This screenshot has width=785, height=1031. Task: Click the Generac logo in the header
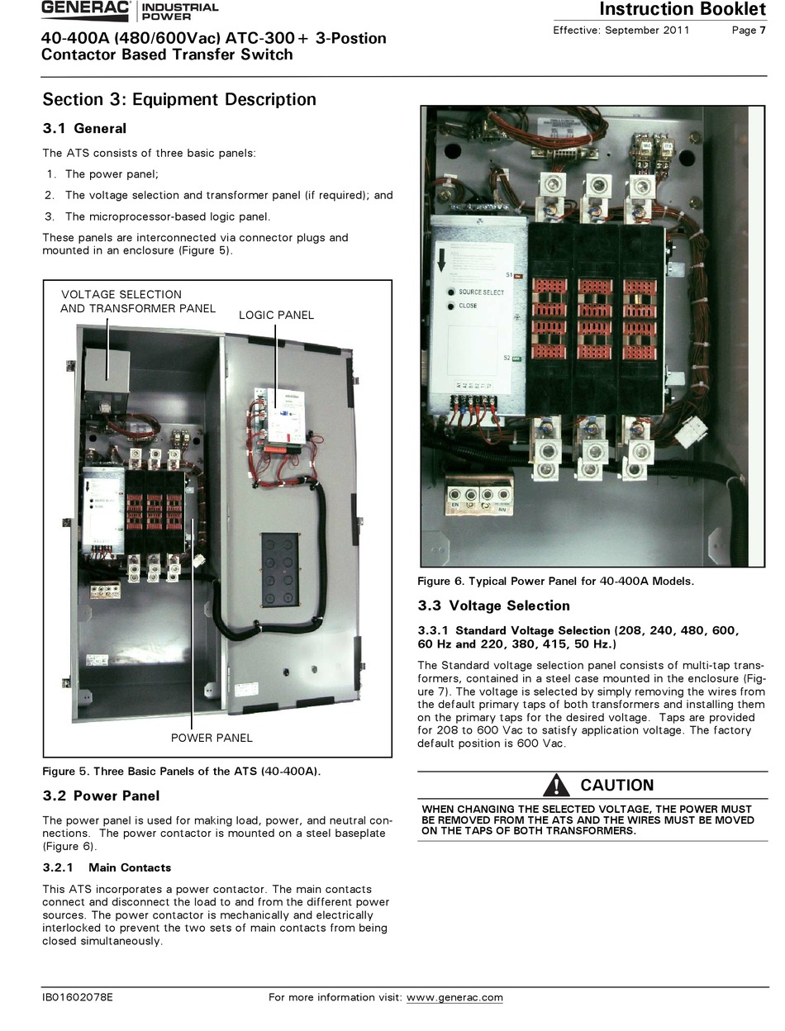[x=86, y=10]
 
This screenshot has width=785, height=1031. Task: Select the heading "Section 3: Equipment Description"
[x=179, y=100]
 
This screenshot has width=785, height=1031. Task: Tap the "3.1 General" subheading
[x=84, y=129]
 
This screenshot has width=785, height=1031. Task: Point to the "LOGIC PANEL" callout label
[x=276, y=315]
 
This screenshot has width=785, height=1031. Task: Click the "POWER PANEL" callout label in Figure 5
[x=212, y=738]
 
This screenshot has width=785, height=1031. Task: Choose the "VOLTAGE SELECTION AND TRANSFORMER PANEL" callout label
[x=137, y=302]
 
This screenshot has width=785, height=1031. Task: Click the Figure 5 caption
[x=181, y=772]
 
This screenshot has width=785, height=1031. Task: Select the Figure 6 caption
[x=555, y=581]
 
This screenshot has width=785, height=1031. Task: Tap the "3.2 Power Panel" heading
[x=101, y=796]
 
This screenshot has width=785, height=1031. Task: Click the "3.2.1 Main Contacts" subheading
[x=107, y=867]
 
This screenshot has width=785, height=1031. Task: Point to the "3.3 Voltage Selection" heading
[x=493, y=606]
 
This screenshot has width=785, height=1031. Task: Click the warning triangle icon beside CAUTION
[x=556, y=785]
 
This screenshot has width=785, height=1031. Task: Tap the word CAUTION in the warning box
[x=616, y=786]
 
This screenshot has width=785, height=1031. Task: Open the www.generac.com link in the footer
[x=454, y=997]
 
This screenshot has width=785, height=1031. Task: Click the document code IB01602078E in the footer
[x=78, y=997]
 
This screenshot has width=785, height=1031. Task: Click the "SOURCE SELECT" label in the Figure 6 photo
[x=481, y=292]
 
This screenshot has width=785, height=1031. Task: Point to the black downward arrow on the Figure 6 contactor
[x=442, y=259]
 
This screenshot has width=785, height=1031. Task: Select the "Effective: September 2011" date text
[x=621, y=31]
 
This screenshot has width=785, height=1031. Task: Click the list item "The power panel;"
[x=112, y=174]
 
